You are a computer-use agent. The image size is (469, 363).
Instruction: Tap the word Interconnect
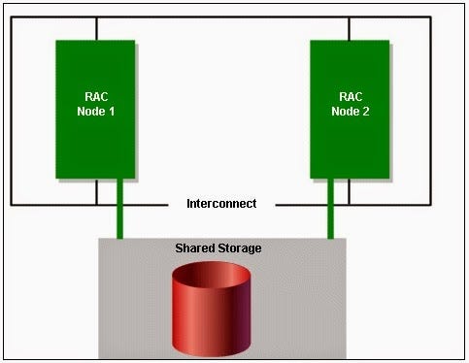point(221,204)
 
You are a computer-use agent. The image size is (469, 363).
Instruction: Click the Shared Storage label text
point(218,248)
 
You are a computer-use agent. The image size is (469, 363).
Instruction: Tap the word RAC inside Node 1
point(95,97)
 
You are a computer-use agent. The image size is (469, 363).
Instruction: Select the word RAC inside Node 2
point(350,97)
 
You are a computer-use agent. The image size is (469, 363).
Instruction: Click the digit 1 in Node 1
point(114,112)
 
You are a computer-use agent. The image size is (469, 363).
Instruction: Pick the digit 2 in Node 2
point(368,112)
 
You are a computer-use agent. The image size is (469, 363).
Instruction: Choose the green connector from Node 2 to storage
point(331,208)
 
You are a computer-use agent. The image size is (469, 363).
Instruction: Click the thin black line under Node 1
point(96,191)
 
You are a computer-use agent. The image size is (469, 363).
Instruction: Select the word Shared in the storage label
point(195,248)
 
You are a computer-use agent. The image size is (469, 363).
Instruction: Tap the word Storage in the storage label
point(241,248)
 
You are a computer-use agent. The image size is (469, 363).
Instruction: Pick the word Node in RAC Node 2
point(345,112)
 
